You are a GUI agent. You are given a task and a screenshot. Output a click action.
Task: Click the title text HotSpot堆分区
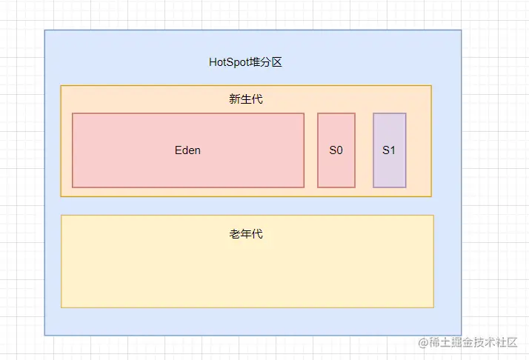point(245,62)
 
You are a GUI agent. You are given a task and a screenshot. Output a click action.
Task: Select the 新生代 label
point(246,99)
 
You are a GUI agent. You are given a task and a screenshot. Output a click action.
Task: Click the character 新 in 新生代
point(235,99)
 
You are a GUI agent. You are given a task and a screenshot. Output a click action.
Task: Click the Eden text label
point(187,150)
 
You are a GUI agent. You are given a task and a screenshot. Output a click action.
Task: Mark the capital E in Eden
point(178,150)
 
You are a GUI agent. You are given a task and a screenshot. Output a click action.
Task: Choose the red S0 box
point(336,167)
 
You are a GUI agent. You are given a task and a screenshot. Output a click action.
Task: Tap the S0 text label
point(336,150)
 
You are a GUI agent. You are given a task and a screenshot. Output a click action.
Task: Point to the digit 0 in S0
point(340,150)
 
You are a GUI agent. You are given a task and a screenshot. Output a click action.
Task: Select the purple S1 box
point(390,167)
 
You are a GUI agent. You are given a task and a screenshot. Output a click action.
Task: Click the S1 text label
point(390,150)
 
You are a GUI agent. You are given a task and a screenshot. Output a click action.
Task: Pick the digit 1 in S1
point(393,150)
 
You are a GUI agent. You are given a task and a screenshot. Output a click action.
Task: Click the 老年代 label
point(246,234)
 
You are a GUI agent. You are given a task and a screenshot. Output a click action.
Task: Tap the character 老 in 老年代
point(235,234)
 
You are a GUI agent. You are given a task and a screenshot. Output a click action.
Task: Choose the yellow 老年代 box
point(247,274)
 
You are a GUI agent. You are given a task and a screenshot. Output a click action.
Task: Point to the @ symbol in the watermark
point(424,342)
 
